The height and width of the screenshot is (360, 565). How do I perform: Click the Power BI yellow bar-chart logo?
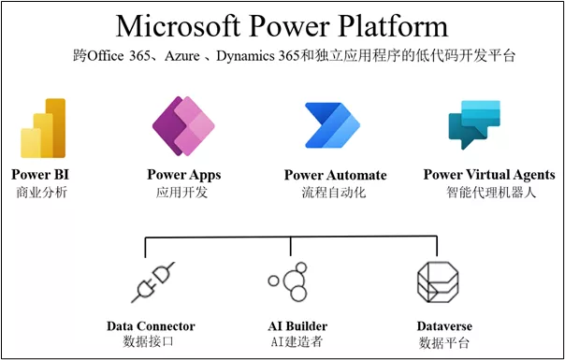42,129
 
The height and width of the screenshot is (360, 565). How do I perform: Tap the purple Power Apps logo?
183,127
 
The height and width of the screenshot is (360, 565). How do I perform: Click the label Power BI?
40,175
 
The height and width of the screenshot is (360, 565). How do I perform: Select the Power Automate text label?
334,176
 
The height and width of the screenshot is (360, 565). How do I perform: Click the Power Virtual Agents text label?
488,175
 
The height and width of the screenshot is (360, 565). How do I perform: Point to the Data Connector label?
151,326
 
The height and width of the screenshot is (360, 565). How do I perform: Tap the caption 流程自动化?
333,193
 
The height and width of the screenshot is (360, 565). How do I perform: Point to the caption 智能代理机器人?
487,193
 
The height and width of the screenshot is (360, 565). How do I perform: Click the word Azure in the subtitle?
183,56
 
